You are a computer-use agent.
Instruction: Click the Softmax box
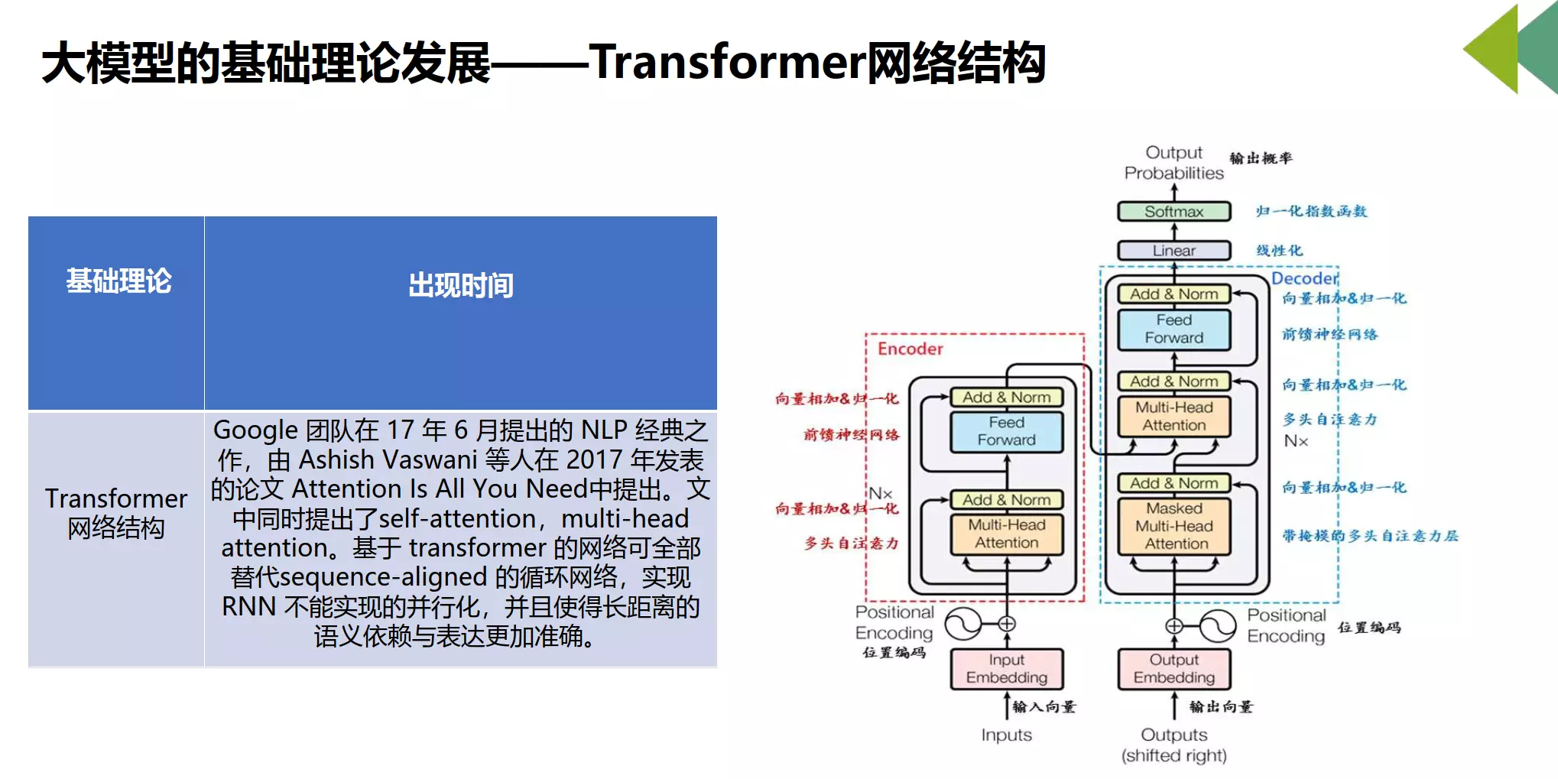click(x=1173, y=212)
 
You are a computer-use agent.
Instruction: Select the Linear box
click(x=1173, y=251)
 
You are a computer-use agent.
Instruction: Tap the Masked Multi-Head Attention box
click(x=1174, y=526)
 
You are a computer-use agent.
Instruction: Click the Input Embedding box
click(x=1006, y=669)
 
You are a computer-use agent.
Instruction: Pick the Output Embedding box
click(x=1173, y=669)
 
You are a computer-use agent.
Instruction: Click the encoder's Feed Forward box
click(x=1006, y=431)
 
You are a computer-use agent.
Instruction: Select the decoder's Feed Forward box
click(x=1173, y=329)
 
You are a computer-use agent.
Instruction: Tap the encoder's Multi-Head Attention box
click(x=1006, y=534)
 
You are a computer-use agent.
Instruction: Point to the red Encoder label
click(x=910, y=349)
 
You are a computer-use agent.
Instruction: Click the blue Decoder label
click(x=1304, y=278)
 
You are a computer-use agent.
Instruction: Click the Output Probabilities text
click(x=1173, y=163)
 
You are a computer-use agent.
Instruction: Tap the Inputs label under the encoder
click(x=1006, y=735)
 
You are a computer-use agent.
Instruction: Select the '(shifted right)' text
click(x=1173, y=755)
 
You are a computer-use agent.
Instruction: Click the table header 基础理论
click(x=118, y=281)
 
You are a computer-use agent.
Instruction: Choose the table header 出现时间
click(x=460, y=285)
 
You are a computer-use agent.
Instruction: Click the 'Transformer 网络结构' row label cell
click(x=116, y=513)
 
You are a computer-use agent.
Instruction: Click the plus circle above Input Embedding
click(x=1007, y=624)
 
